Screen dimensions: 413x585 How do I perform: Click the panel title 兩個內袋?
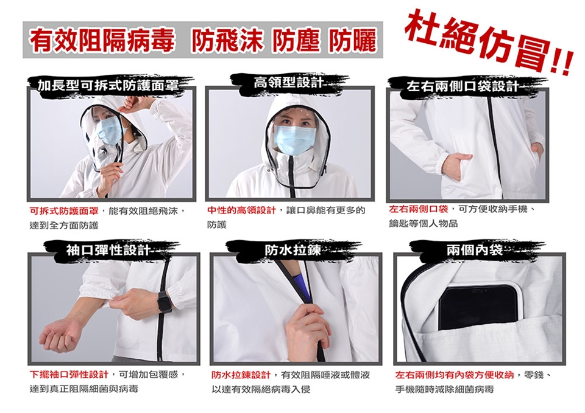point(475,250)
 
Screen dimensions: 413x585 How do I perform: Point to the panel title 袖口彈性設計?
point(108,250)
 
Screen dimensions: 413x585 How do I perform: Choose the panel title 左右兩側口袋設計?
point(463,86)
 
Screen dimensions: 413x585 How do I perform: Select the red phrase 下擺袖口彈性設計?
point(68,373)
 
